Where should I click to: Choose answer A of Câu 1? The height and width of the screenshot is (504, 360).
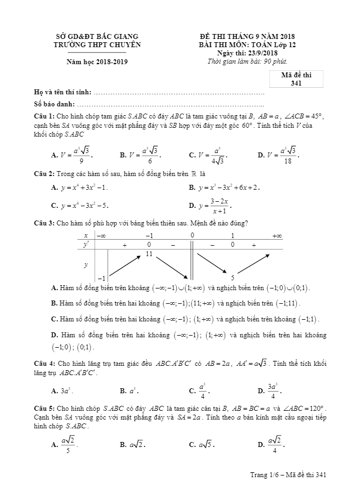[x=69, y=155]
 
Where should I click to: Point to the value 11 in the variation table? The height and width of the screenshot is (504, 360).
[x=149, y=254]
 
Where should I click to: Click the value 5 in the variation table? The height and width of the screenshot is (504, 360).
[x=233, y=278]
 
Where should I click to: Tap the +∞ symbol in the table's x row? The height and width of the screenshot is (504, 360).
[x=277, y=235]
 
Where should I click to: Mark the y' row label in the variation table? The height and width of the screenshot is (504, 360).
[x=86, y=245]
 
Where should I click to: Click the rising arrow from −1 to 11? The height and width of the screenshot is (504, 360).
[x=126, y=265]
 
